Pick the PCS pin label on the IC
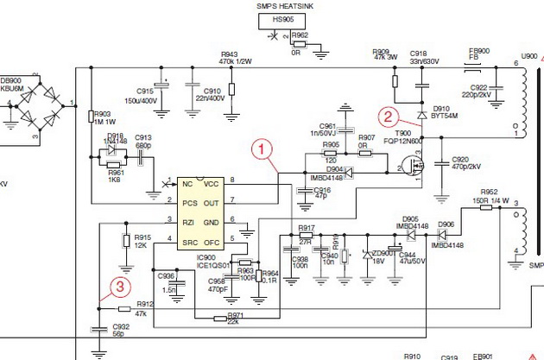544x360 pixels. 189,203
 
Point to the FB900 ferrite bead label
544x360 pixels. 478,54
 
